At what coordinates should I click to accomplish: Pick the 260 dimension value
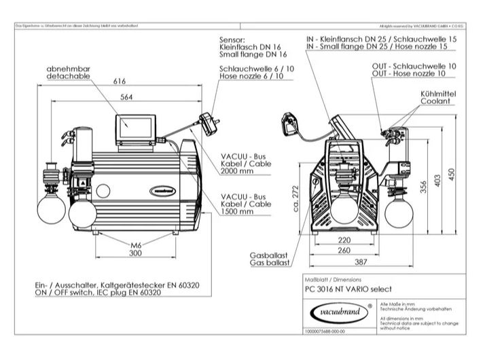coord(344,250)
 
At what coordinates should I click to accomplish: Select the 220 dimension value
coord(344,240)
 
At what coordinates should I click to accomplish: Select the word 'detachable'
coord(65,78)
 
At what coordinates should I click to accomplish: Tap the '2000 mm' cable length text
coord(236,173)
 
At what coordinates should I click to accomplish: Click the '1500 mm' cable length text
coord(236,212)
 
